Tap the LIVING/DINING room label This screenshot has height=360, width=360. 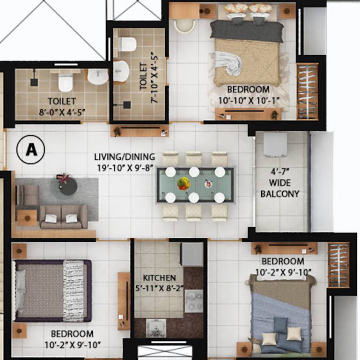pyautogui.click(x=124, y=157)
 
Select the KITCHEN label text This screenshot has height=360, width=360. pyautogui.click(x=160, y=277)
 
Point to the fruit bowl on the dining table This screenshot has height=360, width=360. pyautogui.click(x=183, y=183)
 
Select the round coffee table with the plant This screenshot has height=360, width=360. pyautogui.click(x=64, y=185)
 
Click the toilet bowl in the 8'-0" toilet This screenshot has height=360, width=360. pyautogui.click(x=66, y=82)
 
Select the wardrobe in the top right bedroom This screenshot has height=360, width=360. pyautogui.click(x=307, y=91)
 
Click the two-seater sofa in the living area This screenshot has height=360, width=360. pyautogui.click(x=64, y=217)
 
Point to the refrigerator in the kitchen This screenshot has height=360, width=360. pyautogui.click(x=192, y=254)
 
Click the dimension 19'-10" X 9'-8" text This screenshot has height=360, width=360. pyautogui.click(x=124, y=167)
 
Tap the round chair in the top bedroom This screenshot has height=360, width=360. pyautogui.click(x=185, y=26)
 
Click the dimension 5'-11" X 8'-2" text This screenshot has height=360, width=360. pyautogui.click(x=160, y=288)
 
